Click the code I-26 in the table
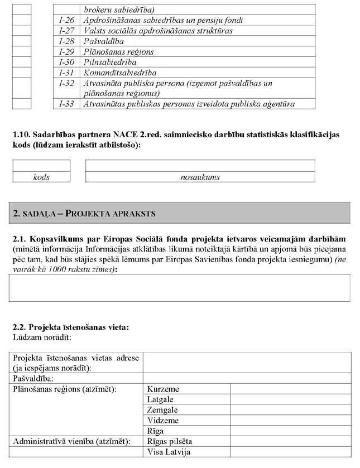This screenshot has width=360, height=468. pyautogui.click(x=67, y=20)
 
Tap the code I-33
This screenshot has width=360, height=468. pyautogui.click(x=67, y=104)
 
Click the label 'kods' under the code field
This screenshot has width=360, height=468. pyautogui.click(x=41, y=177)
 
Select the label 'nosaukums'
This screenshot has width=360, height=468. pyautogui.click(x=200, y=177)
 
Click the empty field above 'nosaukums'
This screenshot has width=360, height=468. pyautogui.click(x=200, y=166)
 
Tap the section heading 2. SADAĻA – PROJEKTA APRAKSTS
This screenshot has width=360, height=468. pyautogui.click(x=85, y=214)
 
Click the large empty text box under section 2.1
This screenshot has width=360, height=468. pyautogui.click(x=180, y=288)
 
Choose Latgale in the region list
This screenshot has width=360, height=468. pyautogui.click(x=161, y=399)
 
